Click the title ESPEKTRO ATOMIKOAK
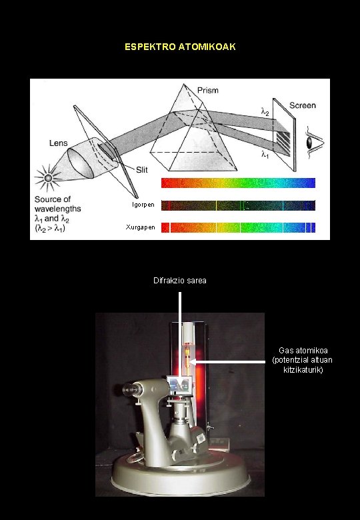point(180,47)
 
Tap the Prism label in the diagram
point(207,90)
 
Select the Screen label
point(303,105)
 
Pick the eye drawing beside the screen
point(310,142)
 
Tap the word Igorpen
point(141,205)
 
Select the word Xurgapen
point(141,227)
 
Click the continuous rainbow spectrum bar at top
point(238,183)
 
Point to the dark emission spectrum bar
point(238,205)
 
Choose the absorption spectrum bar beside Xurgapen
point(238,227)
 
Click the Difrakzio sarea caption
point(180,281)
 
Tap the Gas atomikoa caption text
point(303,360)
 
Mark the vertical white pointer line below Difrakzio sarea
point(180,333)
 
